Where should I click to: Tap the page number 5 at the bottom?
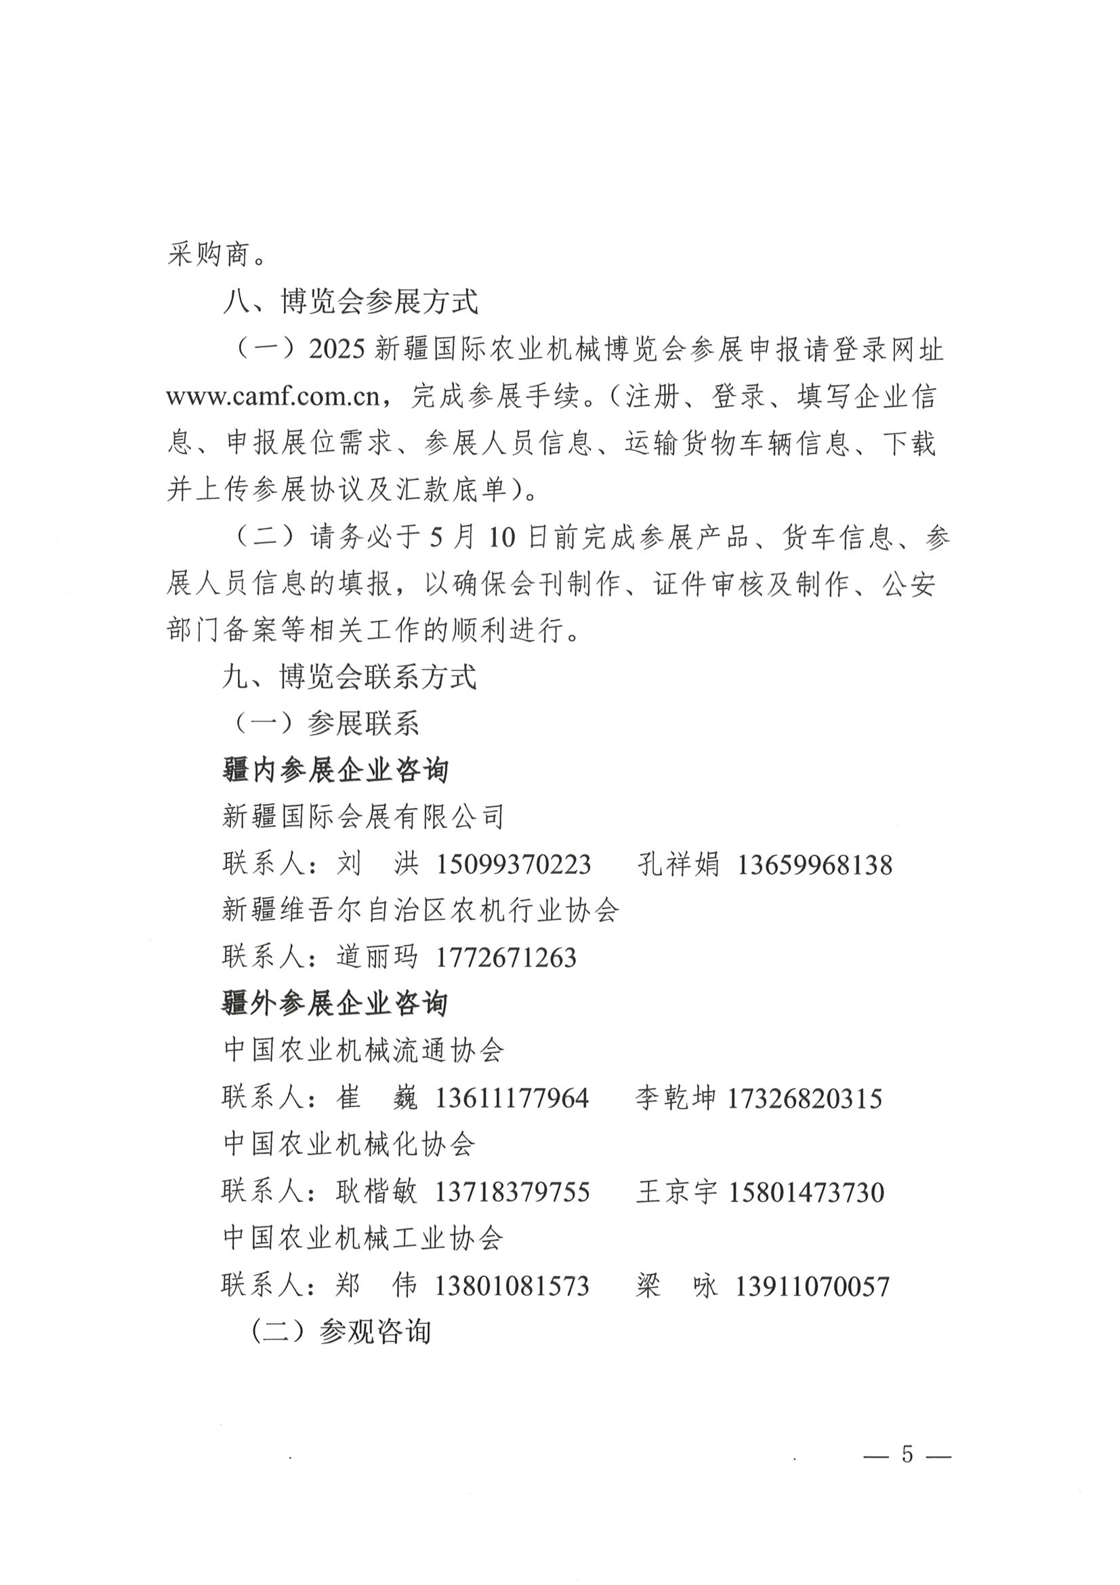907,1454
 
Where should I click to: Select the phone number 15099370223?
514,864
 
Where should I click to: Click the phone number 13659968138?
814,864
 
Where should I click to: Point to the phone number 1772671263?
506,957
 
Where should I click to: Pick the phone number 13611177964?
512,1098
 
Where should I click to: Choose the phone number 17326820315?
805,1098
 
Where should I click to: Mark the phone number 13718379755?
512,1192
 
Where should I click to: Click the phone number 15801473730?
806,1192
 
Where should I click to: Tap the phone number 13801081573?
512,1285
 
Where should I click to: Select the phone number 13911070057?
812,1285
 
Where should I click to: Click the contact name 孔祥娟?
678,864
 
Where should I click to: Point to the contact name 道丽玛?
377,957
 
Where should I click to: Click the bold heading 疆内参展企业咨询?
335,770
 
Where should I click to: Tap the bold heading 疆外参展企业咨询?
335,1004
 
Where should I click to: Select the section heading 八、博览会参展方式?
350,302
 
